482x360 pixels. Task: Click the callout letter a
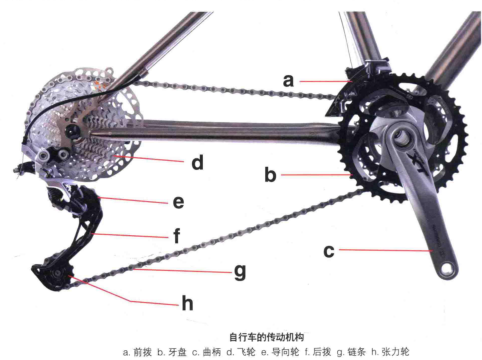[x=287, y=77]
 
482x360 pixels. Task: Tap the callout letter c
[x=328, y=251]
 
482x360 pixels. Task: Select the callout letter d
[x=198, y=160]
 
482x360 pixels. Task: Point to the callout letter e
[x=178, y=202]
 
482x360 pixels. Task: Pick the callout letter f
[x=176, y=238]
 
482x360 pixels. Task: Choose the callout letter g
[x=239, y=270]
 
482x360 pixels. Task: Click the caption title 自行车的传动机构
[x=240, y=337]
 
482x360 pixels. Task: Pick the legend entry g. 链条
[x=346, y=351]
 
